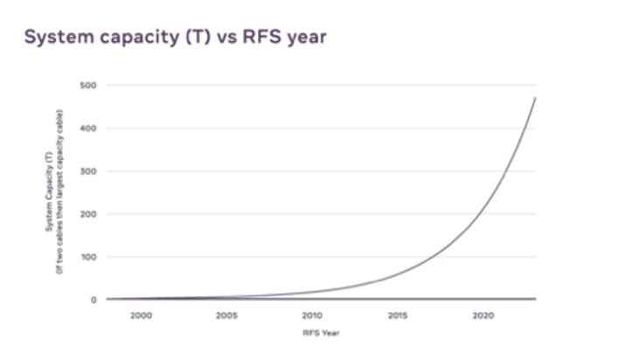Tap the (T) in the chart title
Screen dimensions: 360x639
pyautogui.click(x=192, y=38)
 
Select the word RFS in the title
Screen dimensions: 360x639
pyautogui.click(x=255, y=38)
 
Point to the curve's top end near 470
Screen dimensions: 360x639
pyautogui.click(x=535, y=98)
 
